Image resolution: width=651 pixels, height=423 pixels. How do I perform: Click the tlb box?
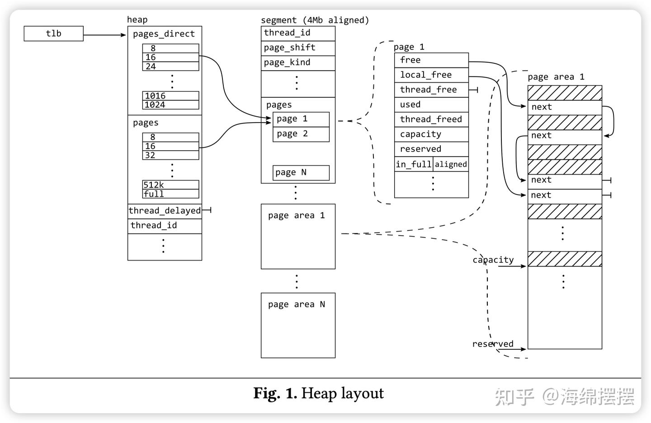(x=53, y=33)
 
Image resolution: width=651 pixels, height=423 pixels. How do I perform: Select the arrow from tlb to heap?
(x=104, y=35)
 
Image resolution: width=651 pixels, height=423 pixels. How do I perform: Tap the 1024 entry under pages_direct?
(x=170, y=105)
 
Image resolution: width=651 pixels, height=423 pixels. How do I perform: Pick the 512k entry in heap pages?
(x=170, y=185)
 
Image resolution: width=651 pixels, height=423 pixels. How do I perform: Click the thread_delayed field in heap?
(x=165, y=211)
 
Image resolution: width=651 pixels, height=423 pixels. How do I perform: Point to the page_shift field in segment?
(x=298, y=48)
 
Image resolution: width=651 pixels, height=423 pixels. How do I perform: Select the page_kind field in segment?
(x=298, y=62)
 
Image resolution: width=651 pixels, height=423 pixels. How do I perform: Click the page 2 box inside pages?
(x=301, y=134)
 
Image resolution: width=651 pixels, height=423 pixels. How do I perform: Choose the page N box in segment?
(x=301, y=172)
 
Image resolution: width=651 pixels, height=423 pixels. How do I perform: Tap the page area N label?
(x=296, y=304)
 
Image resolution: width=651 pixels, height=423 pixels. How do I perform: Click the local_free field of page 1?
(x=431, y=75)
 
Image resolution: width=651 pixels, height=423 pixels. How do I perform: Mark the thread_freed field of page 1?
(x=431, y=119)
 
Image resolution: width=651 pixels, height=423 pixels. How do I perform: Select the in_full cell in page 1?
(x=414, y=164)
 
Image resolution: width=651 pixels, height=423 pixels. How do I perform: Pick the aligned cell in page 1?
(x=451, y=164)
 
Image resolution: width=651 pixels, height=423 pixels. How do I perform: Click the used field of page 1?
(x=431, y=105)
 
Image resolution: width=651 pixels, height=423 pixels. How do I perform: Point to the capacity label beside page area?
(x=493, y=260)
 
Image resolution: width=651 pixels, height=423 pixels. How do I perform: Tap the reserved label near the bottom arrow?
(x=493, y=344)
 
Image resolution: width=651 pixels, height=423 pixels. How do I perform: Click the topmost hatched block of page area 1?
(x=565, y=93)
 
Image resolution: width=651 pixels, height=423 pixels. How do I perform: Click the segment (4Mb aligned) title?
(x=315, y=20)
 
